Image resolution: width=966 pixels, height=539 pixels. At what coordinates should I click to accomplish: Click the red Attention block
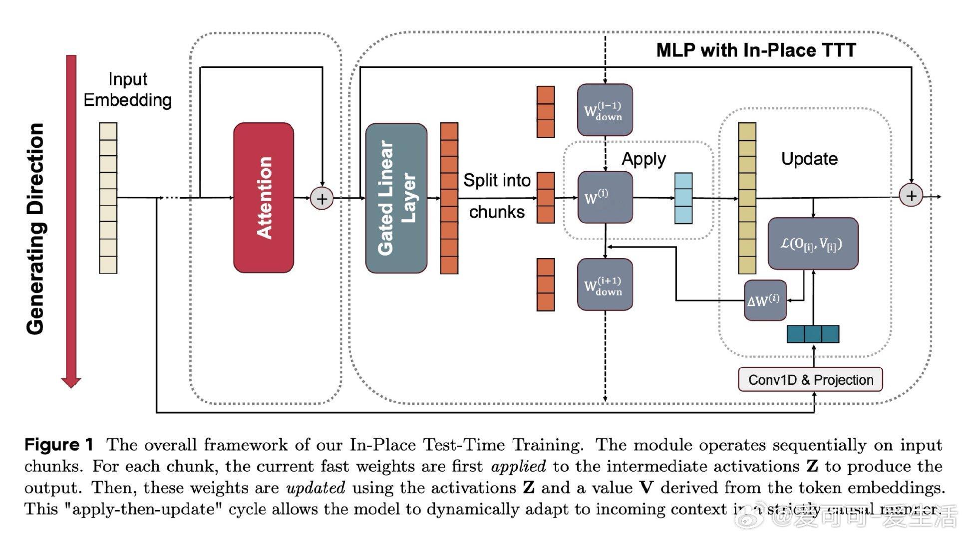264,198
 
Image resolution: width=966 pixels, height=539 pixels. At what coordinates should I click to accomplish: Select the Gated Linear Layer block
396,198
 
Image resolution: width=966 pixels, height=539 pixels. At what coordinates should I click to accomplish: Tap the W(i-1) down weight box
605,110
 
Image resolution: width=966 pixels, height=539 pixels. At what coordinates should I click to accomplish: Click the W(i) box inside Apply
605,197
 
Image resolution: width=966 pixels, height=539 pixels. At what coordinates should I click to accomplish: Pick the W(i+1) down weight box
605,284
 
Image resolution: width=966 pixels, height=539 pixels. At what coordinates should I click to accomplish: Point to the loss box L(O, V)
812,244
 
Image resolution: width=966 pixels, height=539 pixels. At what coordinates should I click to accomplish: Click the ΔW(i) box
765,300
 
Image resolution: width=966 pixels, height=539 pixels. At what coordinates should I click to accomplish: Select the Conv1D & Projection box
810,380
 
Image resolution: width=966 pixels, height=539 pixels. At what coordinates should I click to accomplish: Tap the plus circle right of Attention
322,199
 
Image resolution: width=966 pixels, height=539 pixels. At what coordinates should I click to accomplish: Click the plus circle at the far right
911,196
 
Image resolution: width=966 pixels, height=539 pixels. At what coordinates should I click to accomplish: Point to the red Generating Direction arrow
71,220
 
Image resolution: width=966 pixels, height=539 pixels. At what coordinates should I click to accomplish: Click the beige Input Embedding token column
108,198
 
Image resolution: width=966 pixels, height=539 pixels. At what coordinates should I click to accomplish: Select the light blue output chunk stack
683,198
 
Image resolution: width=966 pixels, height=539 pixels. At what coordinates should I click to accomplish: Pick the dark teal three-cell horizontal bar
813,334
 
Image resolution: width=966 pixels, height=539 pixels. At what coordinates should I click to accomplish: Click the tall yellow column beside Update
747,198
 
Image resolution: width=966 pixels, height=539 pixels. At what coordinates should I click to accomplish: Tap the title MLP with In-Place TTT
756,50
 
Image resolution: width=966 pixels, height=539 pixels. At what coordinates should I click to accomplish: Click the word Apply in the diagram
644,159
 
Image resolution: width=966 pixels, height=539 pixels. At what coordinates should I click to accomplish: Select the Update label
809,159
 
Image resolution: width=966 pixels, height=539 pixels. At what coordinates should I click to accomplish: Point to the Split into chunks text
496,196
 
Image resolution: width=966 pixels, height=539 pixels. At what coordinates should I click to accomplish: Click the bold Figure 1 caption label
59,445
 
